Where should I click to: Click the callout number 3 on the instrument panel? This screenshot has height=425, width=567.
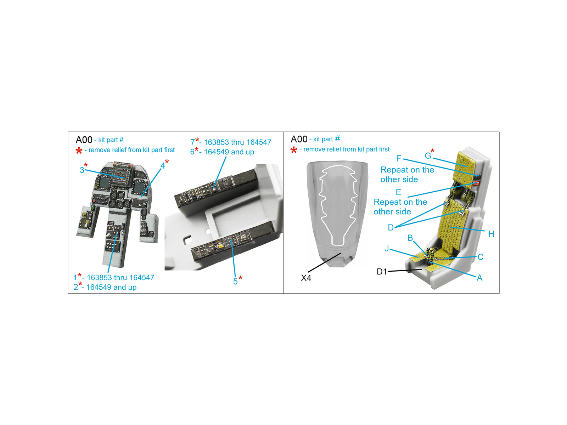[82, 170]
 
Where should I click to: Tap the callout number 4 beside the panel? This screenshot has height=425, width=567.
[163, 166]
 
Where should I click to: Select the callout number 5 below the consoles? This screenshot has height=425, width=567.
[235, 282]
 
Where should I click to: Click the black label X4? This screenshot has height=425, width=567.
[306, 278]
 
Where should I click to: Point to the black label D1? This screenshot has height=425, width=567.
[382, 272]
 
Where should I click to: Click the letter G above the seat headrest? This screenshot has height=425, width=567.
[428, 155]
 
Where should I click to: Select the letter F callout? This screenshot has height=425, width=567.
[399, 158]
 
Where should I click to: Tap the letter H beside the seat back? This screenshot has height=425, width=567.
[491, 234]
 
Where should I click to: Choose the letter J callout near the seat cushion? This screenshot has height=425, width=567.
[387, 249]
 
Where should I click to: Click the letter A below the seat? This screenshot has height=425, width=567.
[480, 278]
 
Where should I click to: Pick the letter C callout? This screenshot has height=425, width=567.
[481, 257]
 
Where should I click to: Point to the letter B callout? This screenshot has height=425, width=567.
[410, 238]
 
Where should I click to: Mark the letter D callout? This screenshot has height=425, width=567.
[391, 228]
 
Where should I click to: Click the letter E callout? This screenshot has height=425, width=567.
[398, 192]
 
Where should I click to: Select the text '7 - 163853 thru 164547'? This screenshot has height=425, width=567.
[231, 142]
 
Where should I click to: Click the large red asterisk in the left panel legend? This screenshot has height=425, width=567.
[79, 151]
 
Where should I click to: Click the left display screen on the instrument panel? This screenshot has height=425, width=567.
[105, 183]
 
